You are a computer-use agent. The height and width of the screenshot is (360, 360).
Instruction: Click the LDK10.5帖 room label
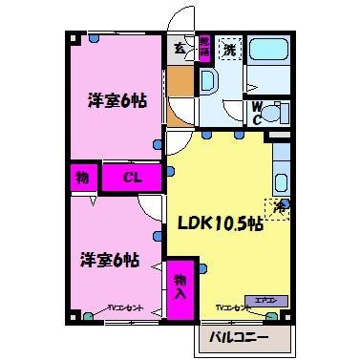221,223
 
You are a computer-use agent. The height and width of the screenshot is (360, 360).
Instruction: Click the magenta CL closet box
135,178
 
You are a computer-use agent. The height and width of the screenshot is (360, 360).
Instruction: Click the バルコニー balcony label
252,337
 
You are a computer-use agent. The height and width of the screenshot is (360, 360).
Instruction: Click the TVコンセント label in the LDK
232,308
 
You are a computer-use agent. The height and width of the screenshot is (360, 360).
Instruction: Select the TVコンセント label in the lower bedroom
124,308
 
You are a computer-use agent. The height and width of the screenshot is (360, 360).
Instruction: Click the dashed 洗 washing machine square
230,49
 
